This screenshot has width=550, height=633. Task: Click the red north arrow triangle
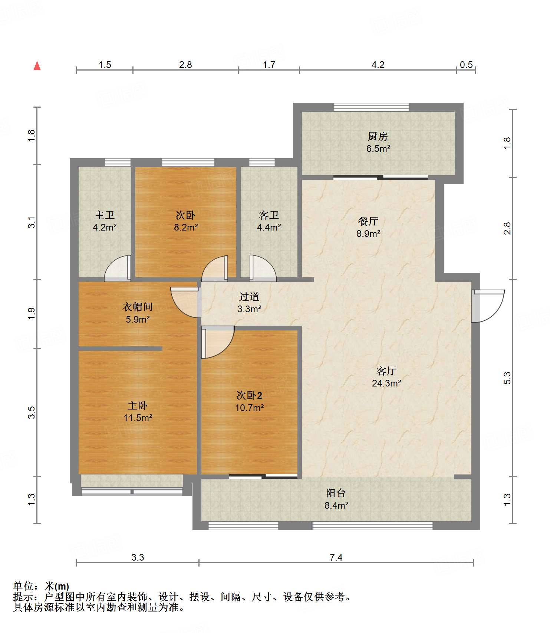(37, 66)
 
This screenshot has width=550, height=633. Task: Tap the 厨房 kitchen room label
(378, 136)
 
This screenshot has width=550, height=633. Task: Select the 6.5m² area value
(378, 149)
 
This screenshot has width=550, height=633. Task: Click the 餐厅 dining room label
(368, 221)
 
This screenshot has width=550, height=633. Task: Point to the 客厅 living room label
(386, 371)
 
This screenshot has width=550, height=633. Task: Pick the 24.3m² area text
(386, 383)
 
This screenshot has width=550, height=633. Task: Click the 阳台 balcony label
(336, 493)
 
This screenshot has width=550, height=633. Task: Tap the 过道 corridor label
(249, 297)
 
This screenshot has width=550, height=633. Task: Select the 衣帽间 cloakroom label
(138, 307)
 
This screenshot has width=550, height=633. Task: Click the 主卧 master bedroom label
(138, 405)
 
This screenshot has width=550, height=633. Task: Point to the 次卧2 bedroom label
(249, 395)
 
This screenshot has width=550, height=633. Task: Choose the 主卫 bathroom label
(105, 215)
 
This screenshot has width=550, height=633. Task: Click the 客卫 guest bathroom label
(269, 215)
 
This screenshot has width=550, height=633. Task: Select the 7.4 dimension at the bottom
(336, 557)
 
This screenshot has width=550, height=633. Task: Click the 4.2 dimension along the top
(378, 65)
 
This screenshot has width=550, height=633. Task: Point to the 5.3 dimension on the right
(507, 378)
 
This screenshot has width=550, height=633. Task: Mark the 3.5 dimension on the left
(32, 412)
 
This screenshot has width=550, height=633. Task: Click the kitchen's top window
(372, 107)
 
